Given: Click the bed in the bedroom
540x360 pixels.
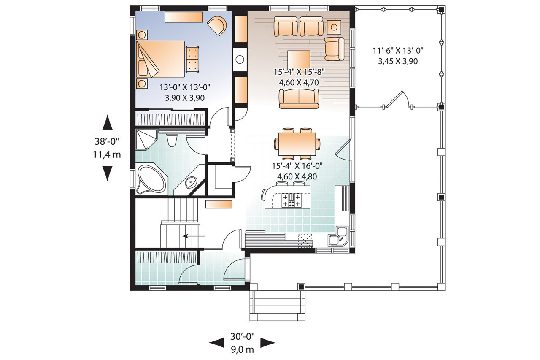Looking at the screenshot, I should [161, 59].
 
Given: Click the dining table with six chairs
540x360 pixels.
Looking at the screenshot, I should [297, 143].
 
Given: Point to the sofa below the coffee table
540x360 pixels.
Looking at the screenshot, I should [299, 99].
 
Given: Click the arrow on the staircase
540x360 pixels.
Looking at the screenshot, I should [194, 236].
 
